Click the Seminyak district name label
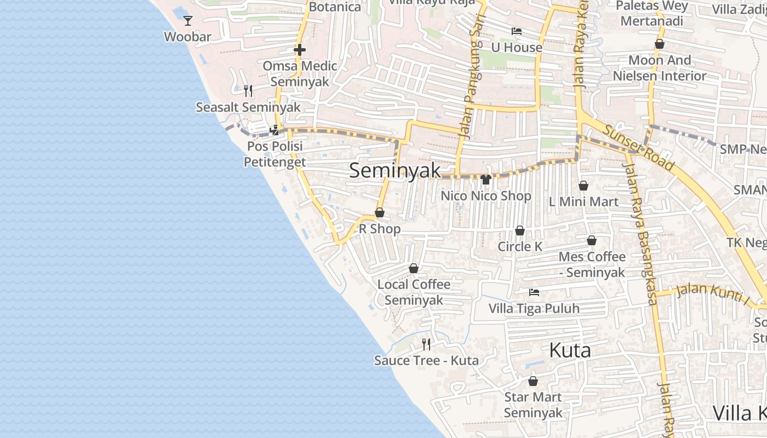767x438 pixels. click(x=394, y=171)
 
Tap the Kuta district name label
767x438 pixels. click(x=570, y=350)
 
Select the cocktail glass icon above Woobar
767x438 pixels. click(x=188, y=21)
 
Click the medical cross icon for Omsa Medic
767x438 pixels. click(x=299, y=50)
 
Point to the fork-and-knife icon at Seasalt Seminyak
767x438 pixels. click(x=248, y=90)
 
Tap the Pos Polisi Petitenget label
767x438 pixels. click(x=274, y=154)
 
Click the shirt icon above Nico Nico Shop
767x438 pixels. click(x=485, y=179)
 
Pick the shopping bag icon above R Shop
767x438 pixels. click(x=379, y=212)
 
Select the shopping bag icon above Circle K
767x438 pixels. click(x=519, y=230)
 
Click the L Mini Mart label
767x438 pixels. click(x=583, y=201)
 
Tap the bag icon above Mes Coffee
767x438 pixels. click(x=592, y=240)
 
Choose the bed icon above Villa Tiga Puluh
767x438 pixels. click(x=534, y=292)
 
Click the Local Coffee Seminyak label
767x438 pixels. click(x=414, y=292)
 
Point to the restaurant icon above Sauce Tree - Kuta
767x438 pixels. click(x=426, y=344)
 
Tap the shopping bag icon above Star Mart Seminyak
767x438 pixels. click(x=533, y=381)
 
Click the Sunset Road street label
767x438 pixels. click(x=639, y=147)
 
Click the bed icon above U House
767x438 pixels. click(x=516, y=31)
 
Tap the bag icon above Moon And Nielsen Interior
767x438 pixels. click(x=660, y=44)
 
